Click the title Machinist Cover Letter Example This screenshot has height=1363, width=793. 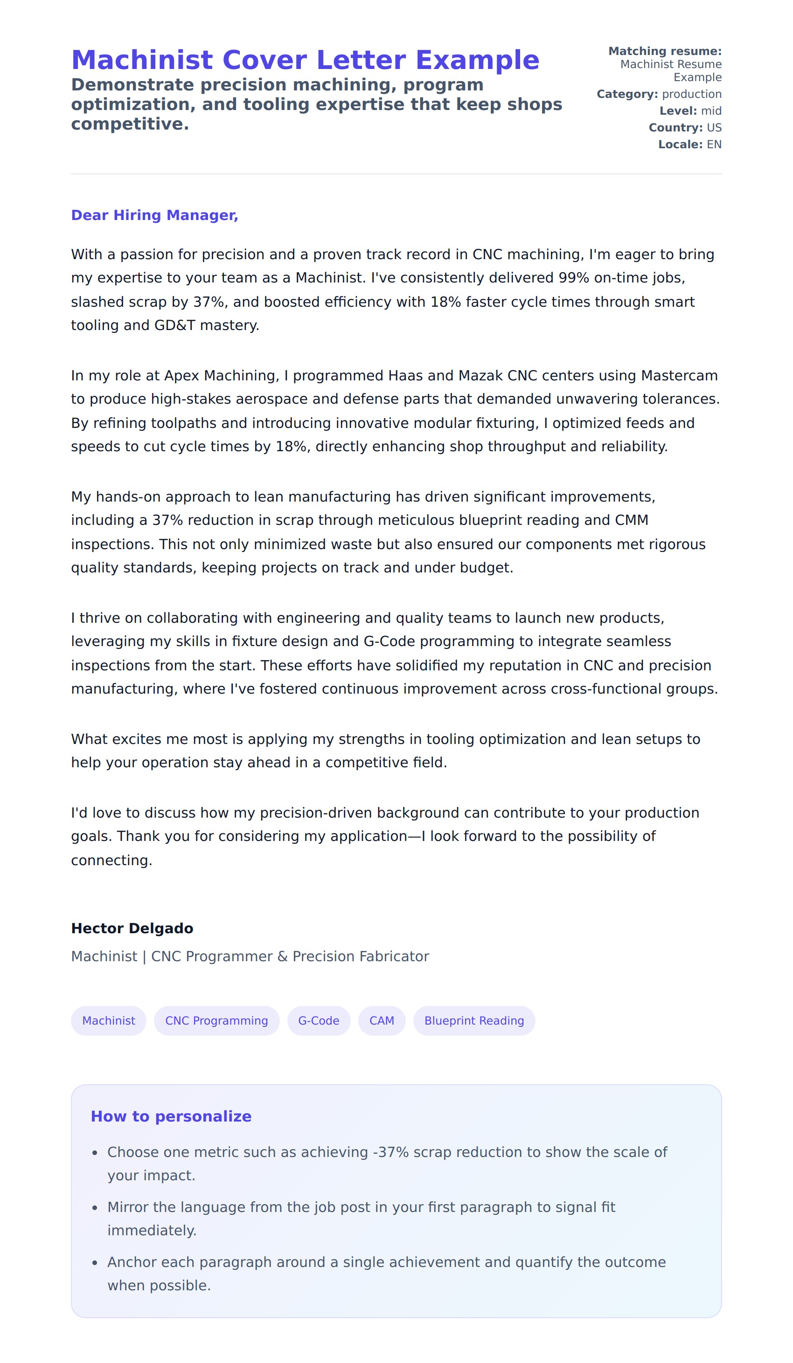pyautogui.click(x=305, y=60)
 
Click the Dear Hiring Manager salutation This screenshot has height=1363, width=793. pyautogui.click(x=154, y=215)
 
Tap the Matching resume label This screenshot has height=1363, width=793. pyautogui.click(x=665, y=51)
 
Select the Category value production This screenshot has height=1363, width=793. pyautogui.click(x=691, y=94)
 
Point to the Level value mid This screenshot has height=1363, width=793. pyautogui.click(x=711, y=111)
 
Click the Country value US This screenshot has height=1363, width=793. pyautogui.click(x=714, y=128)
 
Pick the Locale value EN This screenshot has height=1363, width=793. pyautogui.click(x=714, y=145)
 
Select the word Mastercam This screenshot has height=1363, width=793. pyautogui.click(x=679, y=376)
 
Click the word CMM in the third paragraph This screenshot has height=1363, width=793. pyautogui.click(x=631, y=520)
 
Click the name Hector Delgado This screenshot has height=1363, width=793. pyautogui.click(x=132, y=929)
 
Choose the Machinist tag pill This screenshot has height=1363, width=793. pyautogui.click(x=108, y=1021)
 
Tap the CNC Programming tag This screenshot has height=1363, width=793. pyautogui.click(x=216, y=1021)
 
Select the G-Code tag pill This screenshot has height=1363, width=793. pyautogui.click(x=318, y=1021)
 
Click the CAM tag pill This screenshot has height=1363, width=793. pyautogui.click(x=382, y=1021)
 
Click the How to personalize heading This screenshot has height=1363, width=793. pyautogui.click(x=171, y=1117)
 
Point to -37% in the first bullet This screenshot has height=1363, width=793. pyautogui.click(x=390, y=1153)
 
